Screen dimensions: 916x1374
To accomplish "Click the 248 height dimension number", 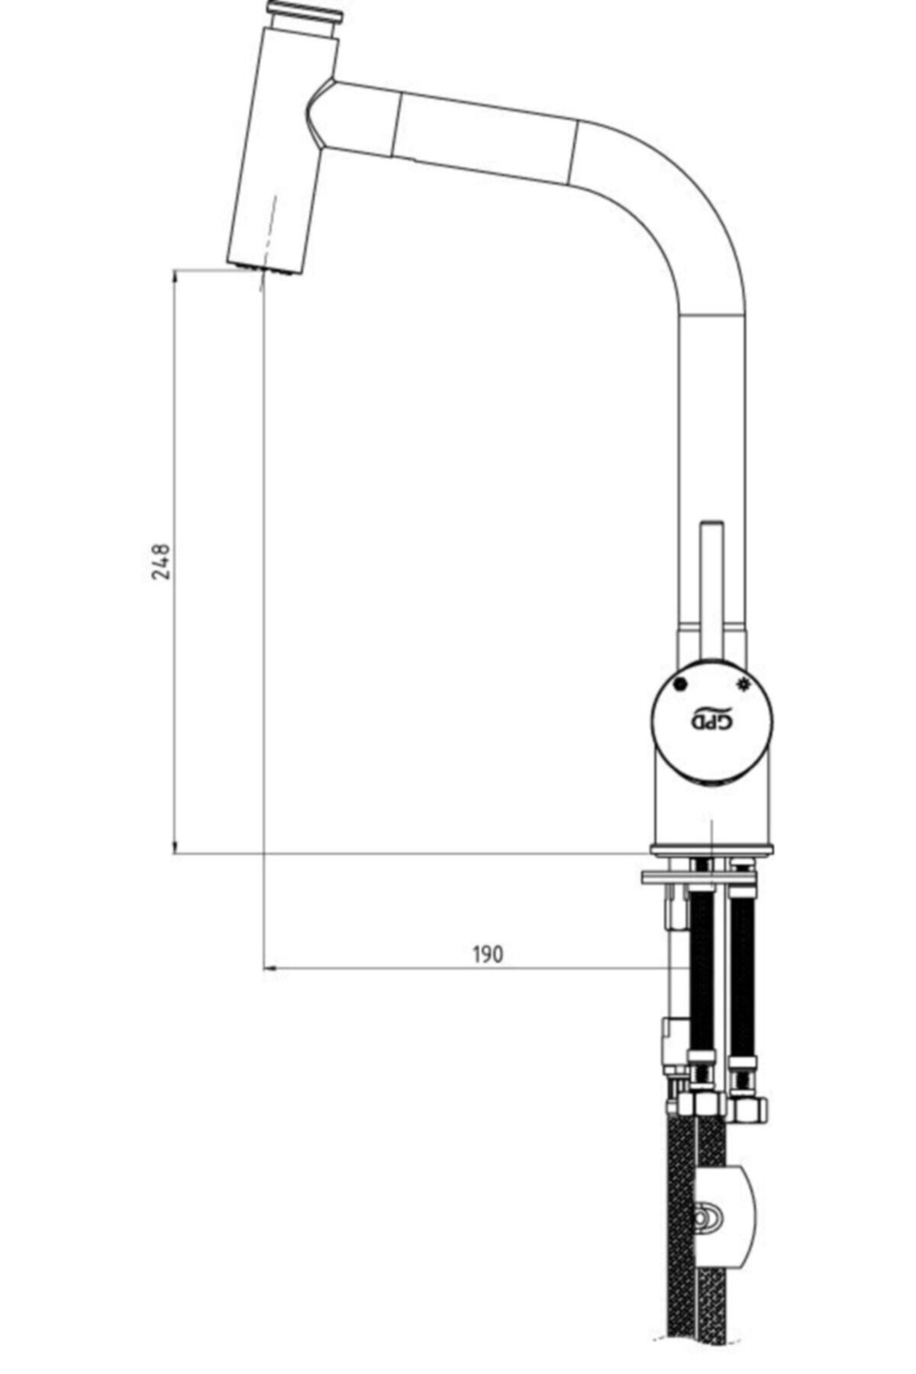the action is click(161, 561).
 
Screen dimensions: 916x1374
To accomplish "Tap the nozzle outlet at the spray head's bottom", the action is click(265, 269).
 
